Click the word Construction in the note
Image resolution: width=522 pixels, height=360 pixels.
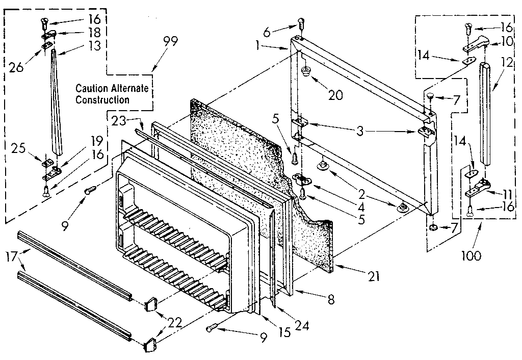point(102,99)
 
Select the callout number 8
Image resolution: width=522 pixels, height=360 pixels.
point(331,300)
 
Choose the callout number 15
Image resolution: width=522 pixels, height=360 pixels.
point(284,332)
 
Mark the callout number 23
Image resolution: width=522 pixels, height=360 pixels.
point(118,121)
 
